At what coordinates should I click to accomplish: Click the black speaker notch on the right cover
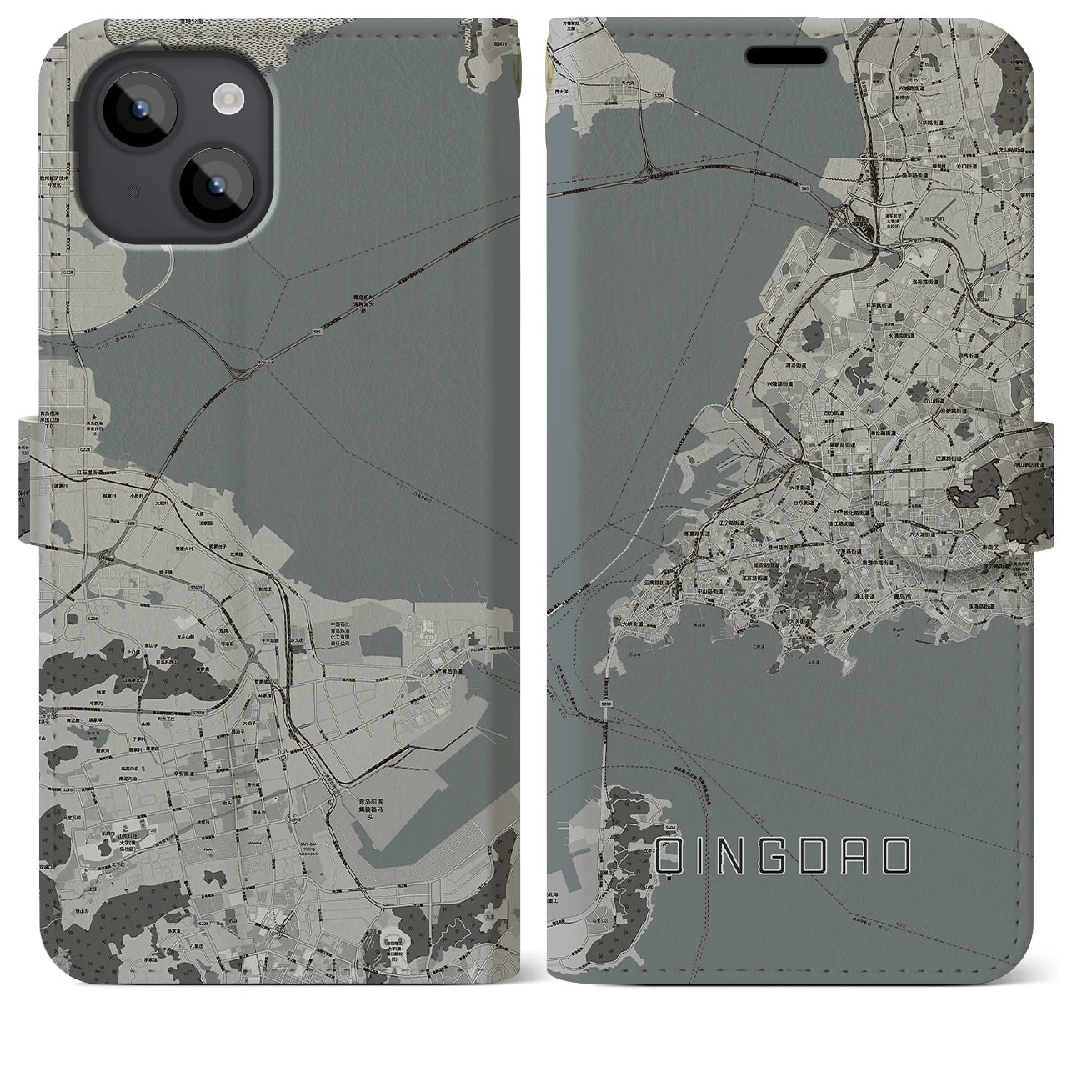point(791,54)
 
